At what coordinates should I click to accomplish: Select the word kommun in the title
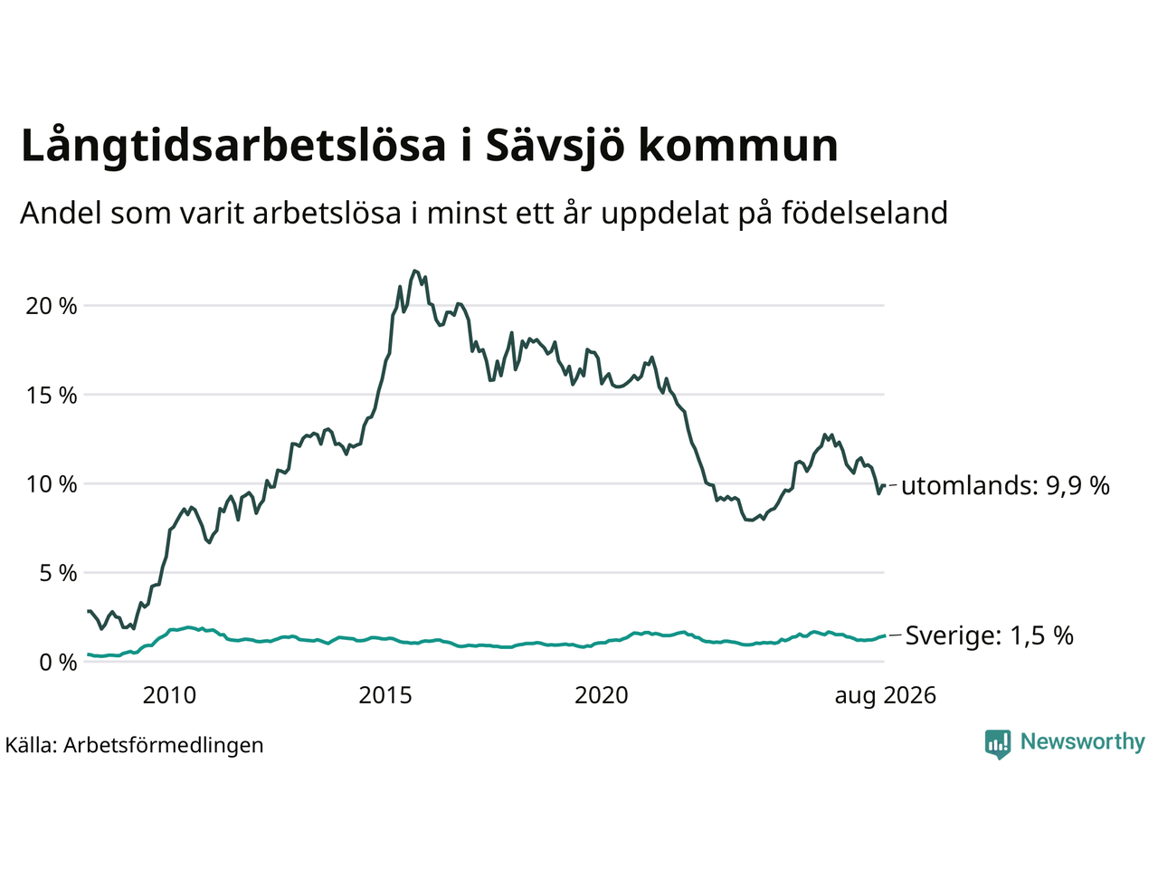(x=738, y=146)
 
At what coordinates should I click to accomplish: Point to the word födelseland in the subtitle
(x=864, y=213)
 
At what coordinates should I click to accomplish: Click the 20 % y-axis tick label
(x=52, y=306)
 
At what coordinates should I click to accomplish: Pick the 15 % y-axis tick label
(x=52, y=396)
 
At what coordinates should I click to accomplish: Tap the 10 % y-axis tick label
(x=52, y=484)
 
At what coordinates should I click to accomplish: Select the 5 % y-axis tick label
(x=58, y=574)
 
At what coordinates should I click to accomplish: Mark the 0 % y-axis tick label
(x=58, y=663)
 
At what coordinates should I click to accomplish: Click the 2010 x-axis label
(x=169, y=695)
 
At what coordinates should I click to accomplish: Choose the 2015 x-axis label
(x=385, y=695)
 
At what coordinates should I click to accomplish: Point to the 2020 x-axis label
(x=602, y=695)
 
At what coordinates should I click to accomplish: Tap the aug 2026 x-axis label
(x=886, y=696)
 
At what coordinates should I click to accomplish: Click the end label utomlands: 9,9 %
(x=1005, y=485)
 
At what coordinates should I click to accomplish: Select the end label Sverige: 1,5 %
(x=989, y=635)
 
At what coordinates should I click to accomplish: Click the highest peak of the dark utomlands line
(x=414, y=271)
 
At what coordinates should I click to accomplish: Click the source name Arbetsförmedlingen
(x=164, y=746)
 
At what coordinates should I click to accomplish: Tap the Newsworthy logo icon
(x=998, y=744)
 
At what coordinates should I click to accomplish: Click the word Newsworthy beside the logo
(x=1083, y=742)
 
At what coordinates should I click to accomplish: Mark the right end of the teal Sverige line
(x=884, y=635)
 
